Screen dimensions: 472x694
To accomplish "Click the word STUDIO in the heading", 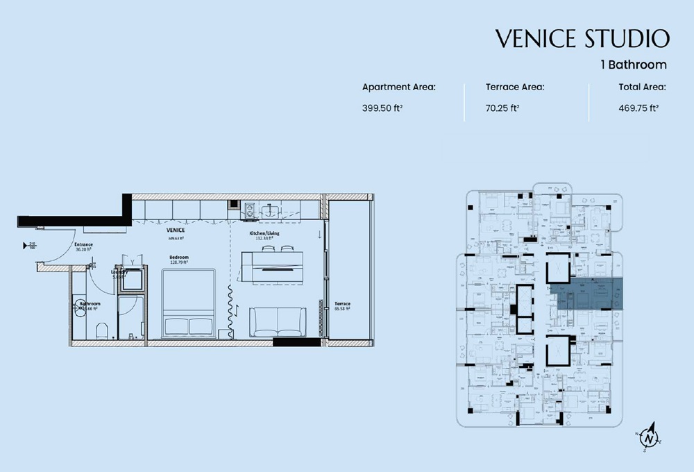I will (628, 39).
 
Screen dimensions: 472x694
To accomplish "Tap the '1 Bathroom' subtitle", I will (634, 65).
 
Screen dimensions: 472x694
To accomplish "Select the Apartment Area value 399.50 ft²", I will (382, 108).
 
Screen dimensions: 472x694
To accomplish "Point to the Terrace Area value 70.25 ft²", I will (502, 108).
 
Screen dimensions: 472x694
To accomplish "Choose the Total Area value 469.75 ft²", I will (638, 108).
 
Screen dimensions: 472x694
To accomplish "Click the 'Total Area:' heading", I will (642, 87).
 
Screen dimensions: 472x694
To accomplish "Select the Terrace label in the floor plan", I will (341, 305).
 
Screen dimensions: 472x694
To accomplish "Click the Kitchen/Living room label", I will (264, 234).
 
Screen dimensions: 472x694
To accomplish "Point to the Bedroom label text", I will (178, 258).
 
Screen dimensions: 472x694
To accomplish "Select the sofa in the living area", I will (278, 321).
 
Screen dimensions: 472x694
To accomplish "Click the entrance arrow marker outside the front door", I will (33, 244).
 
